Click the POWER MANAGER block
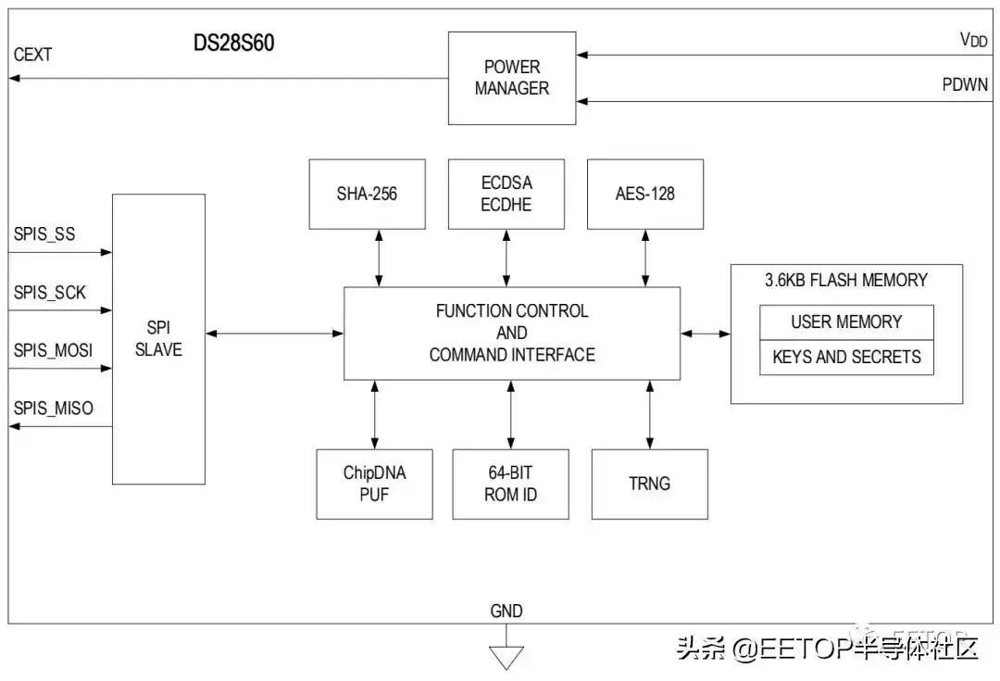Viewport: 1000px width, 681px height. [x=511, y=78]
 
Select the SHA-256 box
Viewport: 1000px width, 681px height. [x=367, y=195]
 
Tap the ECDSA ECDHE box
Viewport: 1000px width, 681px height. [x=506, y=195]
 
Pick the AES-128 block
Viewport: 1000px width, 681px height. [x=645, y=195]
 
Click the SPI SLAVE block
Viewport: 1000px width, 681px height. [x=158, y=339]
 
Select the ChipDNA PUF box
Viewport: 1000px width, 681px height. [x=374, y=484]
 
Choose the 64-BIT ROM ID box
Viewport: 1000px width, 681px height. [x=510, y=484]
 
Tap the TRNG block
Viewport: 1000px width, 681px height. [x=649, y=484]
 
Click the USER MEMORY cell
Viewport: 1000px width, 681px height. [x=846, y=322]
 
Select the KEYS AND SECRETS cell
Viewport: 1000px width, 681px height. [x=846, y=357]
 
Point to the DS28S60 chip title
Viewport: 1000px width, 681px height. [x=233, y=44]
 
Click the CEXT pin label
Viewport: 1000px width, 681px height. [x=33, y=56]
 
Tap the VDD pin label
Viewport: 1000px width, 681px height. [x=973, y=40]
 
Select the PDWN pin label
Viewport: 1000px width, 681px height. [x=966, y=84]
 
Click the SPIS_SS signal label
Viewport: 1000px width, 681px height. [x=44, y=234]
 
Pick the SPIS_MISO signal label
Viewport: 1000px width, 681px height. [x=54, y=408]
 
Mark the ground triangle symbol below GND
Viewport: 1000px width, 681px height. [x=506, y=656]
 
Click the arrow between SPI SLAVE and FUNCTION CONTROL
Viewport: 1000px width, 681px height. [x=274, y=334]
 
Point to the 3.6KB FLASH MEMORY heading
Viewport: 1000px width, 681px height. [x=846, y=280]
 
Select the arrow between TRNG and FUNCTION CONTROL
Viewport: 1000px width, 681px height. [x=649, y=414]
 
